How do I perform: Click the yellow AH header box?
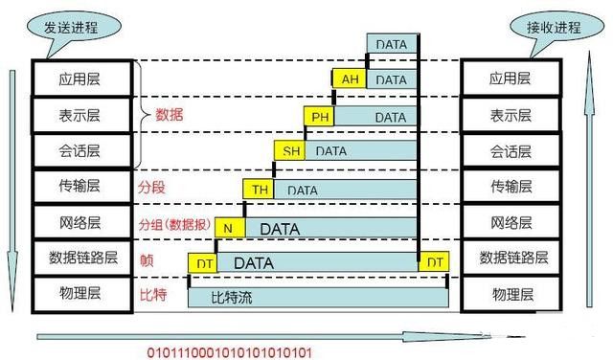pyautogui.click(x=349, y=79)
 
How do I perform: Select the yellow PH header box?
pyautogui.click(x=319, y=117)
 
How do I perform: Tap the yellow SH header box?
pyautogui.click(x=289, y=151)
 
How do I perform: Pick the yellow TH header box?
pyautogui.click(x=260, y=190)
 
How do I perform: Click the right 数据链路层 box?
pyautogui.click(x=514, y=258)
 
